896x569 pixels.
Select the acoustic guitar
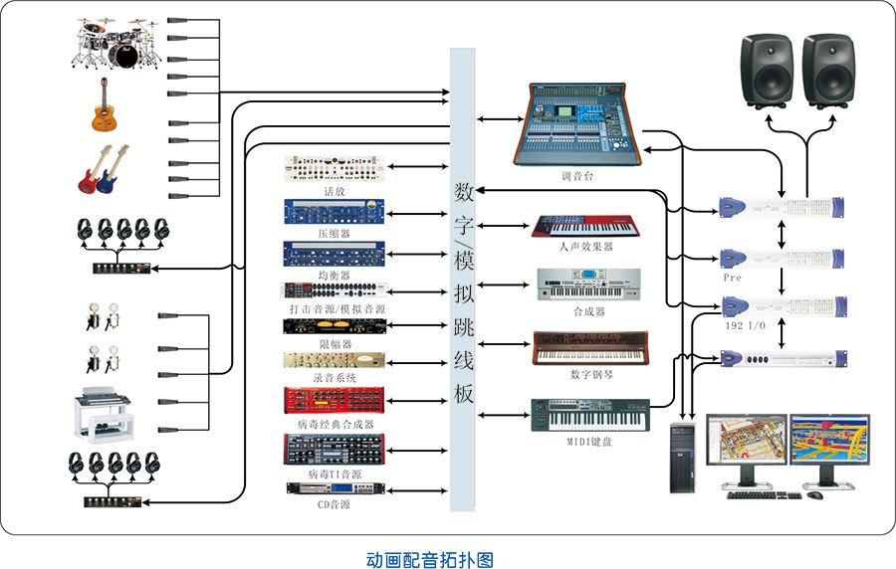coord(104,106)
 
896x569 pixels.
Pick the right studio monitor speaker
coord(829,69)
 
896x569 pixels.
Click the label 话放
coord(335,191)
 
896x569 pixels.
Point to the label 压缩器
coord(335,233)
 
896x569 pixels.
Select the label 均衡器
coord(335,275)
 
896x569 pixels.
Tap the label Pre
coord(733,279)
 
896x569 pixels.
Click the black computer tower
coord(683,458)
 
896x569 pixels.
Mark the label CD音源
coord(335,504)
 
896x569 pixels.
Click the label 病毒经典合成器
coord(335,424)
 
